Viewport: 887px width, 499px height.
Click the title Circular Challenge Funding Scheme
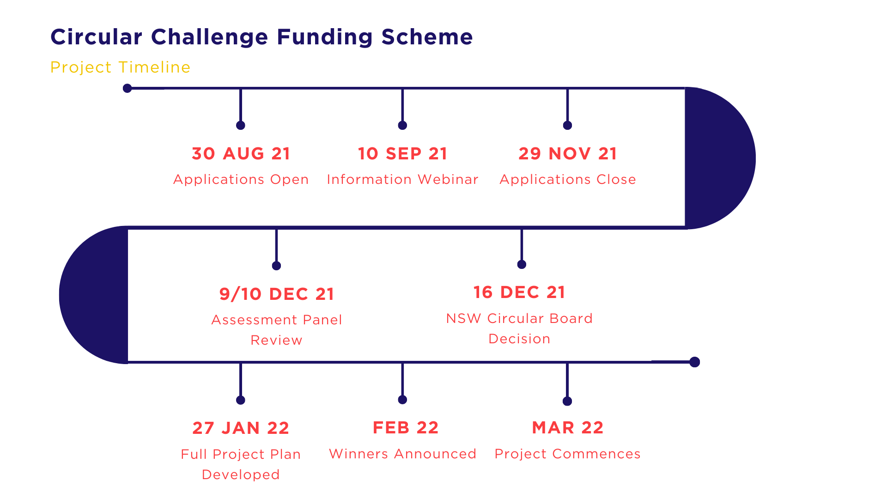261,37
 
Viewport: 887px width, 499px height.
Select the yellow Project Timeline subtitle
120,67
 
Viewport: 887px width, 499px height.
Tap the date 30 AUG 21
241,154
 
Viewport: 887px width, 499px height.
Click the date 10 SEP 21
402,154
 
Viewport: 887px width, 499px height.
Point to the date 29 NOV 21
567,154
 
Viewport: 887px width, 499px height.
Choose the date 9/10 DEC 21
276,294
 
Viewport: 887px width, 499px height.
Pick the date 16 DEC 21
519,292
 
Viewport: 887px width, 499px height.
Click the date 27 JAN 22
241,428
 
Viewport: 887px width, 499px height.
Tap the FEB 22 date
405,428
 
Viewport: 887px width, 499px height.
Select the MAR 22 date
567,428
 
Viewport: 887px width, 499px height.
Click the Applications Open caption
241,179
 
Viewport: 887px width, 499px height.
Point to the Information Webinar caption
402,179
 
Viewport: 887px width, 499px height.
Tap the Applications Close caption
568,179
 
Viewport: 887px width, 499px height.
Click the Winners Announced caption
402,454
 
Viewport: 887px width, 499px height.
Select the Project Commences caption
567,454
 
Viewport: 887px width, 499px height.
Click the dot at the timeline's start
128,88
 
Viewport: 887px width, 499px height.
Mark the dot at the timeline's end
694,362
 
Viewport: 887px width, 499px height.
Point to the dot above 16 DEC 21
522,264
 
